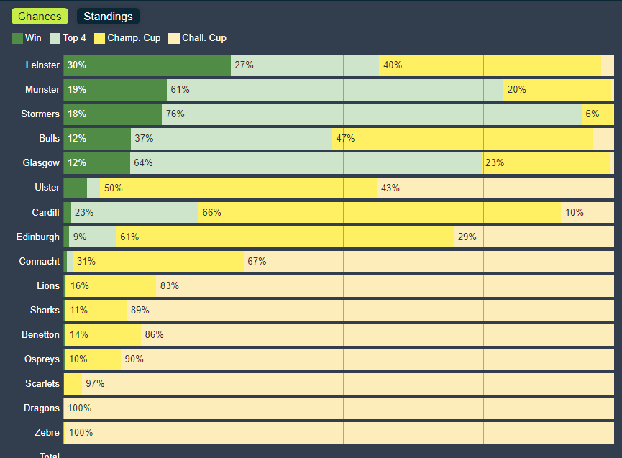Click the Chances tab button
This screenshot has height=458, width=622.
pyautogui.click(x=40, y=17)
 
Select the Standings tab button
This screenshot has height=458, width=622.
pyautogui.click(x=108, y=17)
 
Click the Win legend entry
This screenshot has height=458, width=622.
pyautogui.click(x=27, y=38)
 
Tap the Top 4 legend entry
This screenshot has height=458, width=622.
pyautogui.click(x=68, y=38)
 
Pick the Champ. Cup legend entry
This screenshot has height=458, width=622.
pyautogui.click(x=127, y=38)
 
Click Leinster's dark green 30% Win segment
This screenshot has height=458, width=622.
pyautogui.click(x=147, y=65)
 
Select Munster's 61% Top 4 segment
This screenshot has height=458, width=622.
pyautogui.click(x=334, y=90)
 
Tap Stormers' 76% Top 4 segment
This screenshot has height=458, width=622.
pyautogui.click(x=371, y=114)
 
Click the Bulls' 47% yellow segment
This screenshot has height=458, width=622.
pyautogui.click(x=462, y=139)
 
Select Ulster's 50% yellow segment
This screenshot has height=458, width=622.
pyautogui.click(x=238, y=188)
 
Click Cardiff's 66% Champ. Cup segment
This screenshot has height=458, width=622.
pyautogui.click(x=379, y=212)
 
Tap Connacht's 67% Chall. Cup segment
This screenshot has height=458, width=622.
pyautogui.click(x=429, y=261)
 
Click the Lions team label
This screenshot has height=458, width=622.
pyautogui.click(x=48, y=285)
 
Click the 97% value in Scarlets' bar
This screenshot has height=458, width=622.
pyautogui.click(x=95, y=383)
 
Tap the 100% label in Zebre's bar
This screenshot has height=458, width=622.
pyautogui.click(x=81, y=432)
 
